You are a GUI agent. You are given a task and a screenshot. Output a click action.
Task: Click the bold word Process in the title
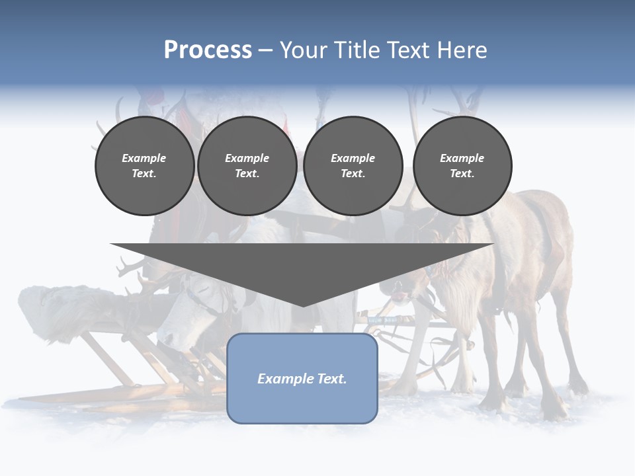208,50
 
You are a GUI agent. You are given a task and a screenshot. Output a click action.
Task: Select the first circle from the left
144,166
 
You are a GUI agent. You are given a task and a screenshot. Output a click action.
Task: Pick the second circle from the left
247,166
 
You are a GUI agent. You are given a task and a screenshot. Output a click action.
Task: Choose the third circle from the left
353,166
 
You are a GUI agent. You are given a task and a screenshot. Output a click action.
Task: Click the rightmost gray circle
462,166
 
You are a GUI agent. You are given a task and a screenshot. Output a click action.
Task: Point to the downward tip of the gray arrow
302,305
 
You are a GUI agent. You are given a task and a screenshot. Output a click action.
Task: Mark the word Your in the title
302,50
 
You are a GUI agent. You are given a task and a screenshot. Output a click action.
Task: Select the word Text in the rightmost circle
462,174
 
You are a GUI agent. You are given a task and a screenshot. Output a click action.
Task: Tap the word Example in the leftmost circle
144,158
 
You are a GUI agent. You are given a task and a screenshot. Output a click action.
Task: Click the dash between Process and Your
266,50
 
